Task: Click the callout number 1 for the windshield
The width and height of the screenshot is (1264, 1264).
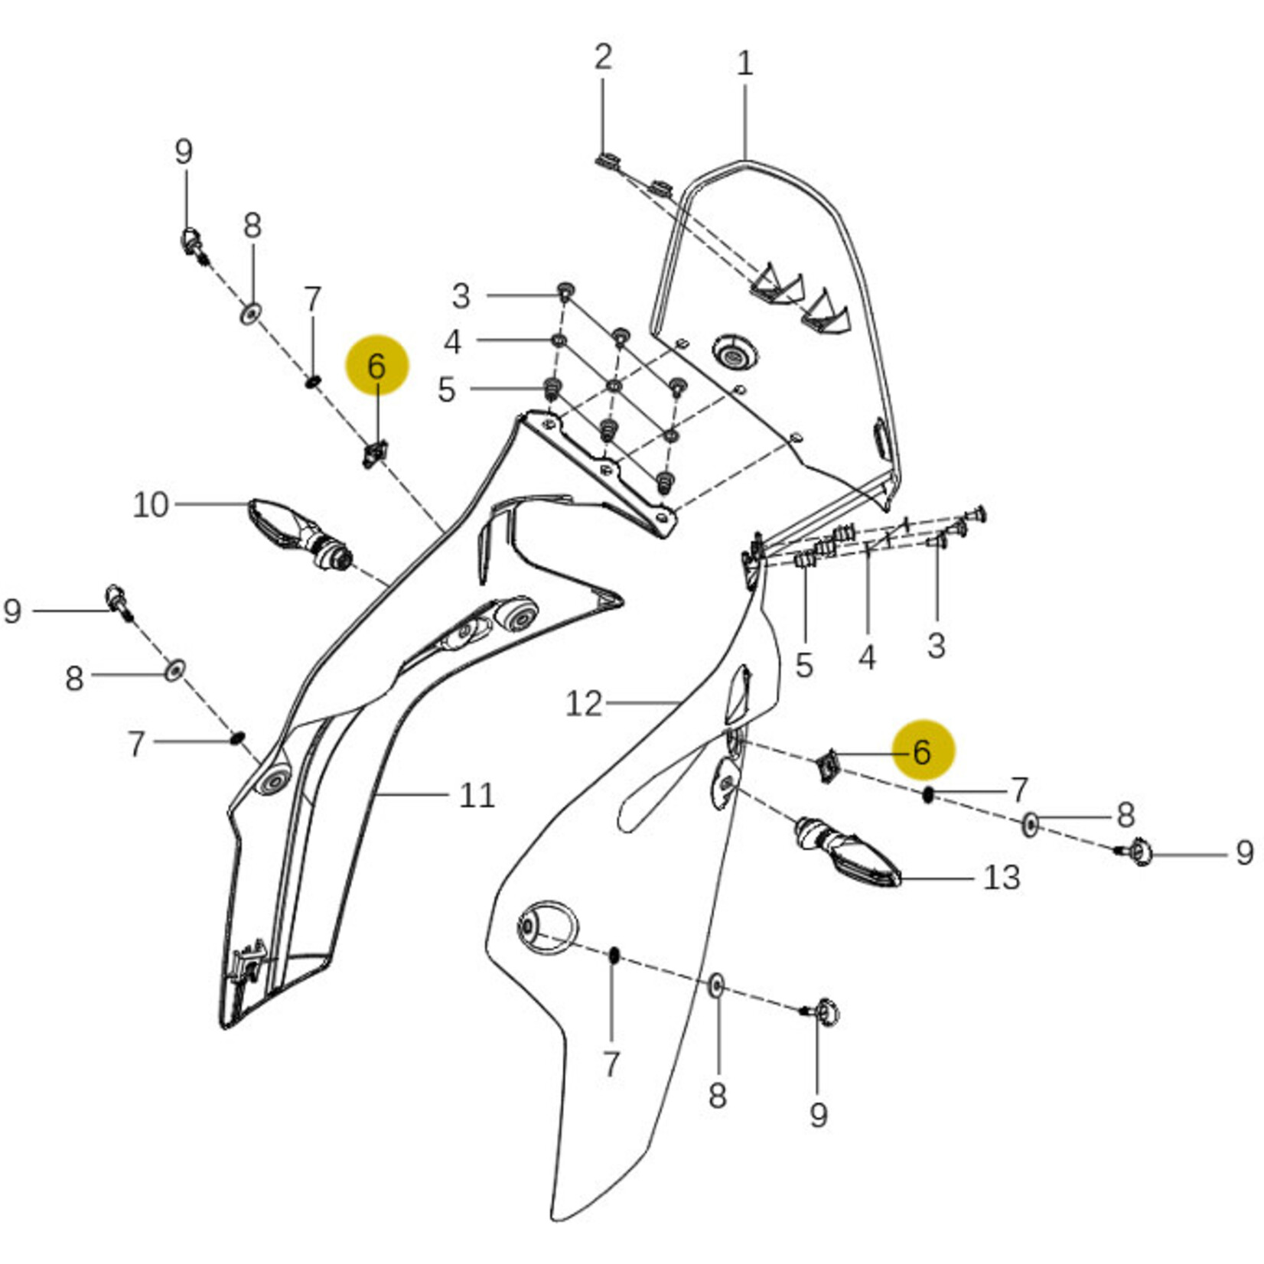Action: (744, 63)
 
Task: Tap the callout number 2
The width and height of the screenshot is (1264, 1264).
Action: (603, 57)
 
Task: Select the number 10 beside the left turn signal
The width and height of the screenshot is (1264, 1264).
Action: (150, 505)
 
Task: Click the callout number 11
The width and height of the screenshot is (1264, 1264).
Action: (477, 796)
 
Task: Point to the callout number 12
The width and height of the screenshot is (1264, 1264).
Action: (584, 703)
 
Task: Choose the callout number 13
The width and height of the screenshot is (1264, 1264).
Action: (1001, 877)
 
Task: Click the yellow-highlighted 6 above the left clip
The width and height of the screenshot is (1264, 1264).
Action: (377, 366)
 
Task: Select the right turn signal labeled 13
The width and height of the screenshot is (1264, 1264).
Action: (849, 854)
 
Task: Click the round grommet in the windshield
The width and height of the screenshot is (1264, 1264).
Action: (735, 354)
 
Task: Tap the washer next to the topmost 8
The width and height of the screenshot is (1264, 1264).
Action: (250, 312)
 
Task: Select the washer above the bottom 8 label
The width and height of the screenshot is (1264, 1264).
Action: (716, 986)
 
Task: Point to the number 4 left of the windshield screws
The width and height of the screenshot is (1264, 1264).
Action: (453, 342)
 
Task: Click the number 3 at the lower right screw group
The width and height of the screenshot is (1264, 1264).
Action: (936, 644)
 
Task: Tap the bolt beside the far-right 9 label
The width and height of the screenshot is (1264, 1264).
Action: (1138, 851)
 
